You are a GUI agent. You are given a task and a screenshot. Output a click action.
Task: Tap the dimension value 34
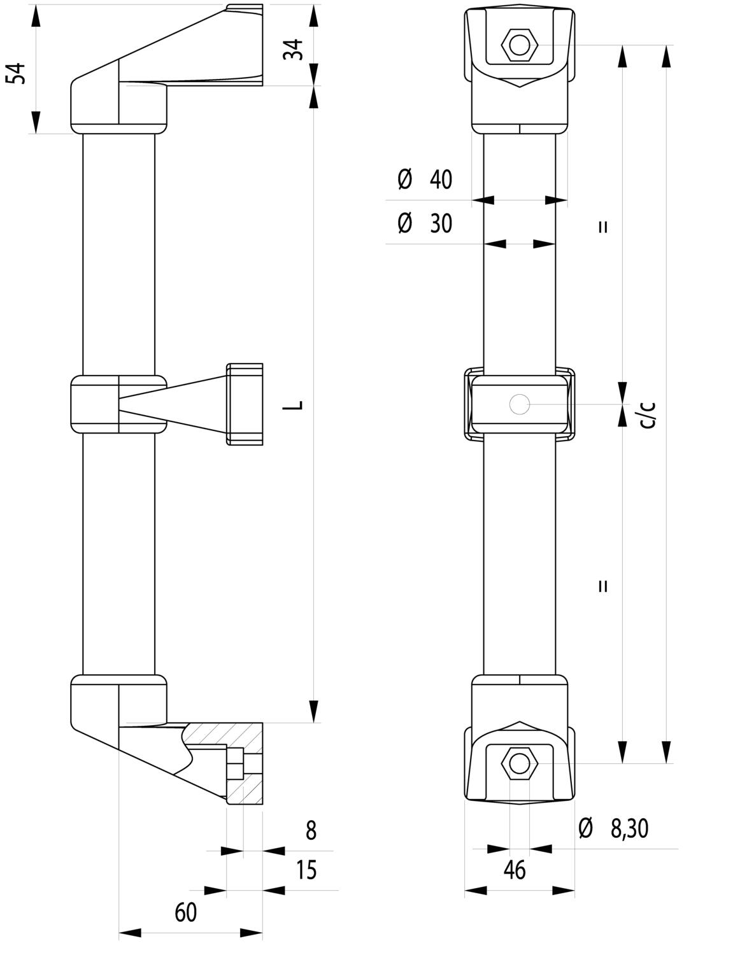(294, 50)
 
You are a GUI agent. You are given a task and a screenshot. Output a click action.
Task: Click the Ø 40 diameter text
(425, 180)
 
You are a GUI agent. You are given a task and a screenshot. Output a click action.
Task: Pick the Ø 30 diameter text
(425, 223)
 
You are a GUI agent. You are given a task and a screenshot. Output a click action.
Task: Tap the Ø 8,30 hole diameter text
(613, 828)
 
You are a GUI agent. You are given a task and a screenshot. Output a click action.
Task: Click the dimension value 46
(515, 870)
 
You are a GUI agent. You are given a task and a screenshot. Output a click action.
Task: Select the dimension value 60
(185, 912)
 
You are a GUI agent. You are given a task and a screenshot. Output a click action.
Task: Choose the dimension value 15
(306, 870)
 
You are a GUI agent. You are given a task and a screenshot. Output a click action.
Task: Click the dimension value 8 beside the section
(311, 831)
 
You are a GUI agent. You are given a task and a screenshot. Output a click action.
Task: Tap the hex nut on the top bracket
(520, 45)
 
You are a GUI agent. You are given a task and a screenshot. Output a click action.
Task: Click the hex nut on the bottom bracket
(520, 763)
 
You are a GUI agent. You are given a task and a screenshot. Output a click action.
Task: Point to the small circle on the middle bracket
(519, 404)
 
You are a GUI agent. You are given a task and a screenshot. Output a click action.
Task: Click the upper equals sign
(603, 227)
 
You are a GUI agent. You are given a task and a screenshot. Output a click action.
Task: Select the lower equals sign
(603, 586)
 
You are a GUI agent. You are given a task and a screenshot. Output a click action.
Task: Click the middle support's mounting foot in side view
(245, 404)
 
